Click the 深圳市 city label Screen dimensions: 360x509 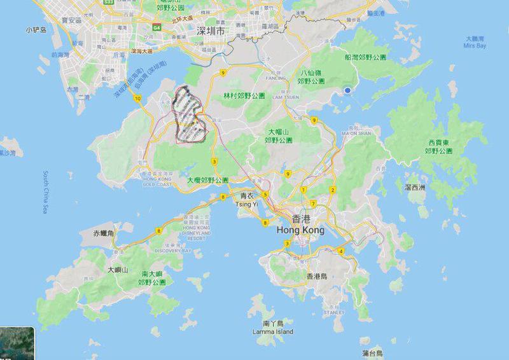211,31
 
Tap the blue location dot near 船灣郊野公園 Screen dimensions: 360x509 347,91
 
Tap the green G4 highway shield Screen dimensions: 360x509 156,27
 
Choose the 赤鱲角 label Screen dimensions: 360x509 103,234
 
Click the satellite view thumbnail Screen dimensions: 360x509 13,343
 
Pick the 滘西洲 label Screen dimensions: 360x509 415,187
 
